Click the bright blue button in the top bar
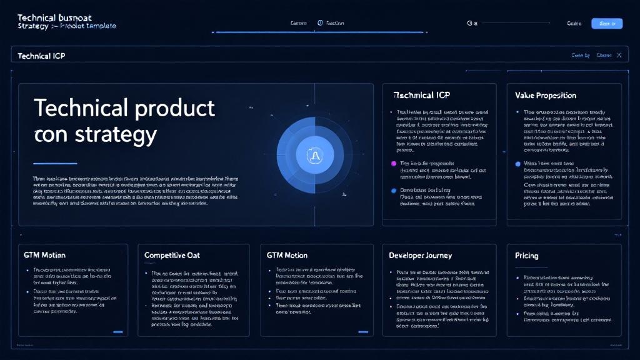pos(606,24)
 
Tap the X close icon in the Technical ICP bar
pos(619,56)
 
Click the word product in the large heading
pos(169,108)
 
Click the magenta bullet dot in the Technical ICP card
pos(393,163)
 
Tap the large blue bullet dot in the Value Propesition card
pos(517,164)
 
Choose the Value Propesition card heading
pos(546,96)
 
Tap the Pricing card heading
pos(526,256)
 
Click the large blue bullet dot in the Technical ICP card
pos(393,190)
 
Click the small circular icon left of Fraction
pos(320,24)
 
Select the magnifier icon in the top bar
pos(470,24)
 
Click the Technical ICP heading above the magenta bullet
pos(422,96)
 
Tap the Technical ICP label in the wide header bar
pos(41,56)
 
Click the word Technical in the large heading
pos(75,108)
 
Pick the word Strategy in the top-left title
pos(29,26)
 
